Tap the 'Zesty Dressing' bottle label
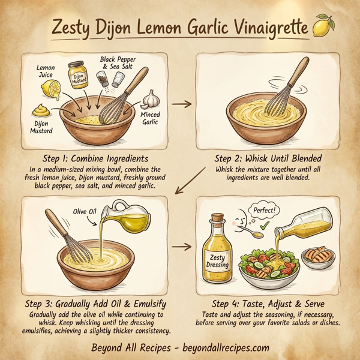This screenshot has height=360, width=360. [x=217, y=259]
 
